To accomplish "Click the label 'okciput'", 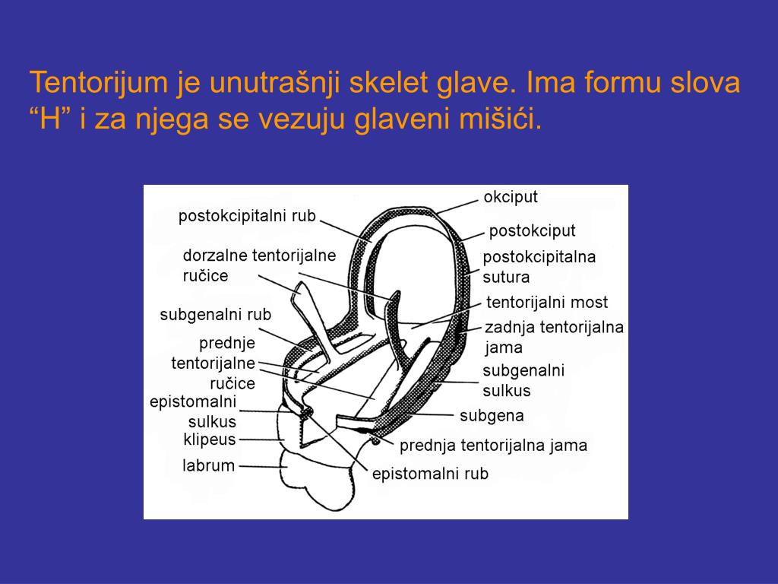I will coord(511,197).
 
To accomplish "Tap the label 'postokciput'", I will coord(532,230).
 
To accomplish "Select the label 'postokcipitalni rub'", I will coord(247,216).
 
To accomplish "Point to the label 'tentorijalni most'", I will coord(547,302).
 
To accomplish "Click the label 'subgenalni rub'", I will coord(215,314).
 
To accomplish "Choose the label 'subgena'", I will coord(492,416).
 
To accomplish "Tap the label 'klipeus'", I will coord(210,439).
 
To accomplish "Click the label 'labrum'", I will coord(208,465).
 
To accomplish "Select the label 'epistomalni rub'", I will coord(430,474).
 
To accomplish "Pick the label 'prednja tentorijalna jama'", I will coord(493,446).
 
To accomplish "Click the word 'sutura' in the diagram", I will coord(506,277).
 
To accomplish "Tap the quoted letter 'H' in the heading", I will coord(51,119).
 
